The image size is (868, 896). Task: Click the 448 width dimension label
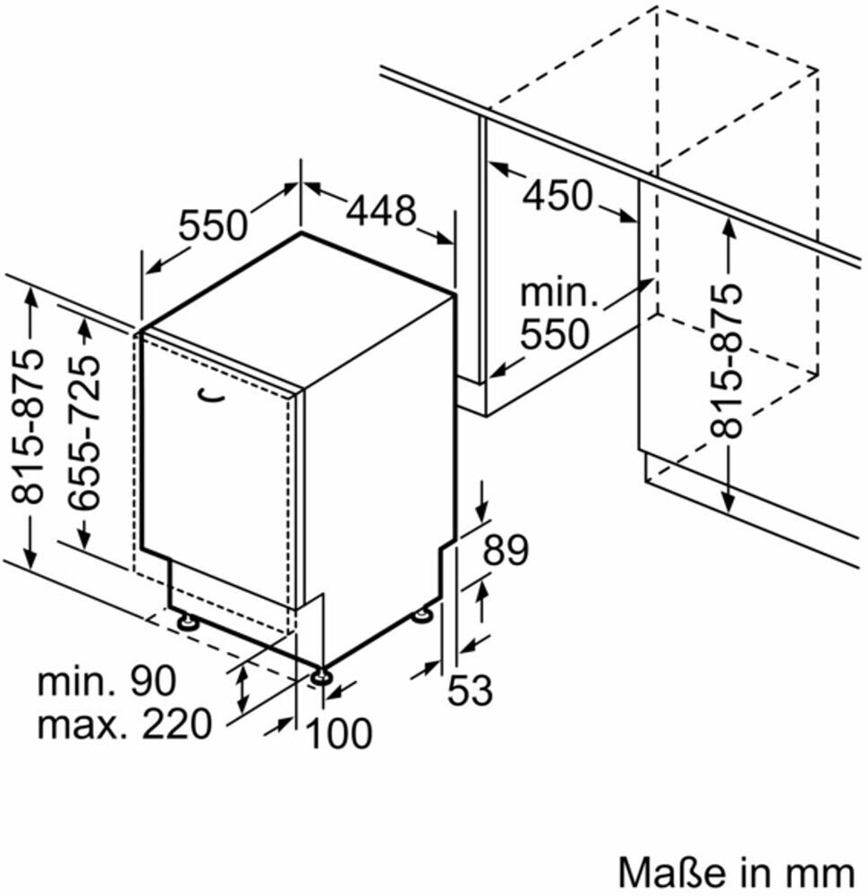382,210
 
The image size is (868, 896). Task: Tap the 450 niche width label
557,195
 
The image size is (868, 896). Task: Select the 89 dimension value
506,551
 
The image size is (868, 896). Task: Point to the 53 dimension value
470,689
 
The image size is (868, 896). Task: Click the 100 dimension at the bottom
339,734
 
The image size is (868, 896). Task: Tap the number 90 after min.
150,682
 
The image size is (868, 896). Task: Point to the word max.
75,723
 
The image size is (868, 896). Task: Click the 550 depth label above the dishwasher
212,224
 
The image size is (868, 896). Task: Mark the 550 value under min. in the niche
555,334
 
